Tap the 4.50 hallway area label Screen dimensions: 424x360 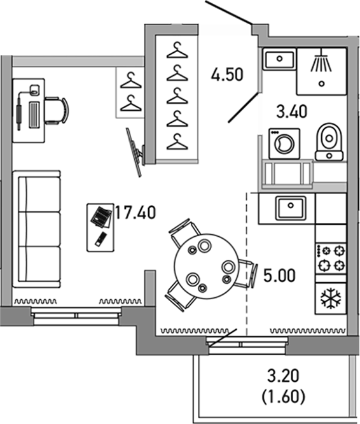[x=227, y=75]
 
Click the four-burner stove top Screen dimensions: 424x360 [x=331, y=258]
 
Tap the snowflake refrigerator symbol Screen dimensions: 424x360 [x=331, y=298]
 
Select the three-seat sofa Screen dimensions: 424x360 [x=38, y=227]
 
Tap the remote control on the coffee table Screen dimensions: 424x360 [x=100, y=239]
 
